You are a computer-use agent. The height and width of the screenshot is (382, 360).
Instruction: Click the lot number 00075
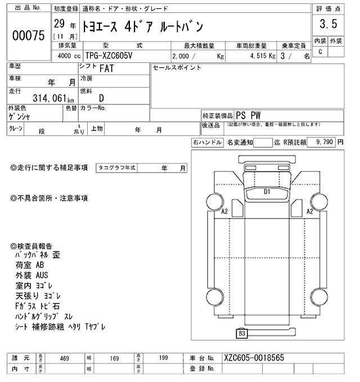pyautogui.click(x=28, y=35)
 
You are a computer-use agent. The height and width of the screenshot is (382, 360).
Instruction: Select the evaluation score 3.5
pyautogui.click(x=328, y=24)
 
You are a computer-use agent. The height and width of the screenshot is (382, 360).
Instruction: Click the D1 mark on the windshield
pyautogui.click(x=268, y=192)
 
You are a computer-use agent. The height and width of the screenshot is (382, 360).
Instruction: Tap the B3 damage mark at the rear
pyautogui.click(x=242, y=333)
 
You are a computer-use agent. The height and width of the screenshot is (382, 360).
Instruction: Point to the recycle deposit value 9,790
pyautogui.click(x=325, y=143)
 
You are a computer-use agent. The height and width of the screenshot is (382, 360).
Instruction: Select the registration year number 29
pyautogui.click(x=58, y=25)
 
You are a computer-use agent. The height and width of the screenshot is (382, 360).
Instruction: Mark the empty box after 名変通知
pyautogui.click(x=262, y=143)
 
